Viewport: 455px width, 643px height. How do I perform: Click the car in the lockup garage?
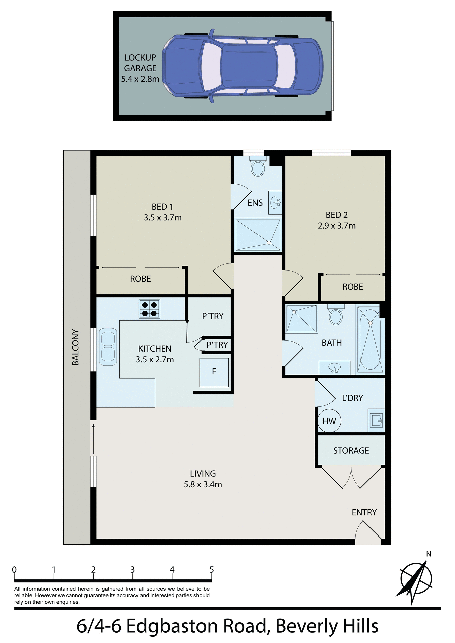click(243, 66)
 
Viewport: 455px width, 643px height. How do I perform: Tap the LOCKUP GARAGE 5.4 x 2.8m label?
click(140, 68)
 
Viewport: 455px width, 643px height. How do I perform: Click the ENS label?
click(255, 203)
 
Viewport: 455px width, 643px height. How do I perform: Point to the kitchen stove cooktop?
click(150, 309)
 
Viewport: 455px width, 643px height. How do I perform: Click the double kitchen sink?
click(108, 347)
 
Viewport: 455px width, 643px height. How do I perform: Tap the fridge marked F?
click(214, 372)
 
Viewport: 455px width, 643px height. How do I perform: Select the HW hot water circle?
click(329, 421)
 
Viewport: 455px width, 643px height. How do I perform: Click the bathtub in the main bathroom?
click(370, 339)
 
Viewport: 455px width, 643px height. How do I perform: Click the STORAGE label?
click(351, 451)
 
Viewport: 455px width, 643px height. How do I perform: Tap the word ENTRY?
click(364, 512)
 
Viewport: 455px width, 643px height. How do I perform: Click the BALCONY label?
click(76, 347)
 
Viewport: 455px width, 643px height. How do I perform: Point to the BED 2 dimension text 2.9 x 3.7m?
click(337, 226)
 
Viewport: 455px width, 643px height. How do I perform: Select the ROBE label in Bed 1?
click(140, 279)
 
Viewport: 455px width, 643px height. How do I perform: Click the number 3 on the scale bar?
click(133, 570)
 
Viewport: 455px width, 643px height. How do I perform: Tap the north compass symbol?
click(416, 579)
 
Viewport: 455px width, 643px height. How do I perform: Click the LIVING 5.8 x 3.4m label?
click(203, 479)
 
